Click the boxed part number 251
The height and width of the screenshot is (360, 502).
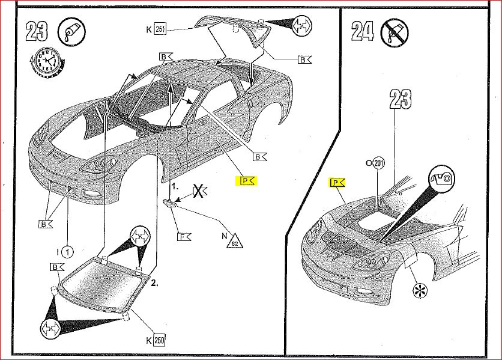coord(160,29)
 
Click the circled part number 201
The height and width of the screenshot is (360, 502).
coord(378,163)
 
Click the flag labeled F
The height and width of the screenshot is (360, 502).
coord(183,236)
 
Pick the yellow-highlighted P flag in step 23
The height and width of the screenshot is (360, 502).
coord(247,180)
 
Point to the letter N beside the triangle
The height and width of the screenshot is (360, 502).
coord(224,236)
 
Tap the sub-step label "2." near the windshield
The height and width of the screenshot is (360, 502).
coord(154,283)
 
